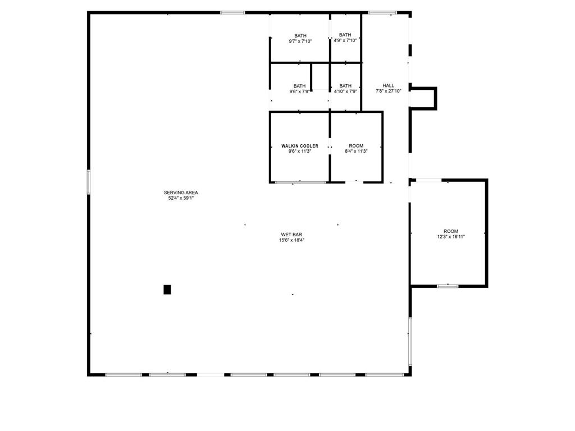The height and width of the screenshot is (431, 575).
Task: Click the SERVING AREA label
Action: [181, 192]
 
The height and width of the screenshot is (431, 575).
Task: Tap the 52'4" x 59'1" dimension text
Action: [181, 198]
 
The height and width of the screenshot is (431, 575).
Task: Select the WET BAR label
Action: [292, 235]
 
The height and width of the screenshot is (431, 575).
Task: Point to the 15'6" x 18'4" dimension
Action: [292, 240]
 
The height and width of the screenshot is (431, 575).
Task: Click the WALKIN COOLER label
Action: [300, 146]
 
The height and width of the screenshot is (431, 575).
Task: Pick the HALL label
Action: [389, 86]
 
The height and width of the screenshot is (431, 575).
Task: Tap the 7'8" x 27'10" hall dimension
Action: [389, 91]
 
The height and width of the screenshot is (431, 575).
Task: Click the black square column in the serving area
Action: [167, 290]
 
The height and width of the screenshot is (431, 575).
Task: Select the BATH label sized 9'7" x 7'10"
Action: [300, 36]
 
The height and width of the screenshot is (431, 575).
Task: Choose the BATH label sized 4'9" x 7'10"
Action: [345, 35]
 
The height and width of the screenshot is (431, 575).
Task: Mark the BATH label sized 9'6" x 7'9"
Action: [300, 86]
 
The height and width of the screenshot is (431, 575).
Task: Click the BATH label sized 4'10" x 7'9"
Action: [345, 86]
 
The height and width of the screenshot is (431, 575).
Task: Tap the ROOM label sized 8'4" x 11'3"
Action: [356, 146]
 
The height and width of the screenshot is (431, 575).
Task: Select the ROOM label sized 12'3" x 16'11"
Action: [451, 231]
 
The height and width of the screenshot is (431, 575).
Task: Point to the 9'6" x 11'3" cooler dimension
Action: [300, 151]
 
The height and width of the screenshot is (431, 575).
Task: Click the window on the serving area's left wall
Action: [88, 182]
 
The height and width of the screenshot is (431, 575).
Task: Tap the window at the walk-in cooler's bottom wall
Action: [300, 182]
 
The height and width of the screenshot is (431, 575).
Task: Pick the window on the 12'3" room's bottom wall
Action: [448, 286]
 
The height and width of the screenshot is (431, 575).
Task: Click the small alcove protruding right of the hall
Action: [424, 98]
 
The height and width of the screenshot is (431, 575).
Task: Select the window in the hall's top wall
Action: [382, 12]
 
